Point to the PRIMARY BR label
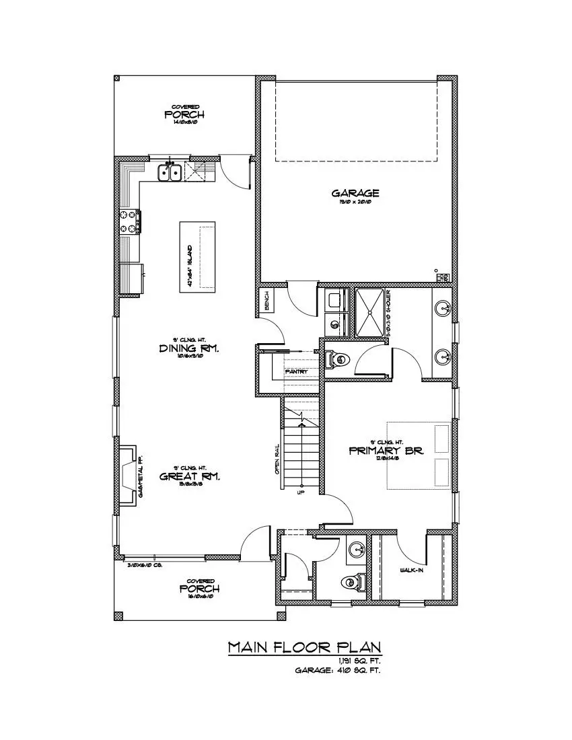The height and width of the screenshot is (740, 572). (386, 451)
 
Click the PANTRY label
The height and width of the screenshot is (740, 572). (296, 371)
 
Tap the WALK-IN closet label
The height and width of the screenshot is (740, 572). (411, 570)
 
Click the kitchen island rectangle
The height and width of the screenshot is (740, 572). (198, 256)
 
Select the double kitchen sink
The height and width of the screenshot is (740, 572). (170, 173)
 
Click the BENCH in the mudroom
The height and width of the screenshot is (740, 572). (266, 301)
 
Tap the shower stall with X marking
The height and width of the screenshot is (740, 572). (368, 311)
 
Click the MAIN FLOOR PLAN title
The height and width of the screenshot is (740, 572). (305, 647)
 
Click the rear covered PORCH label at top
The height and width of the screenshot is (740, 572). (184, 114)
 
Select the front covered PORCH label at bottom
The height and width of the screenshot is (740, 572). (199, 589)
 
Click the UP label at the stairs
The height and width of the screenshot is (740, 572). (301, 492)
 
